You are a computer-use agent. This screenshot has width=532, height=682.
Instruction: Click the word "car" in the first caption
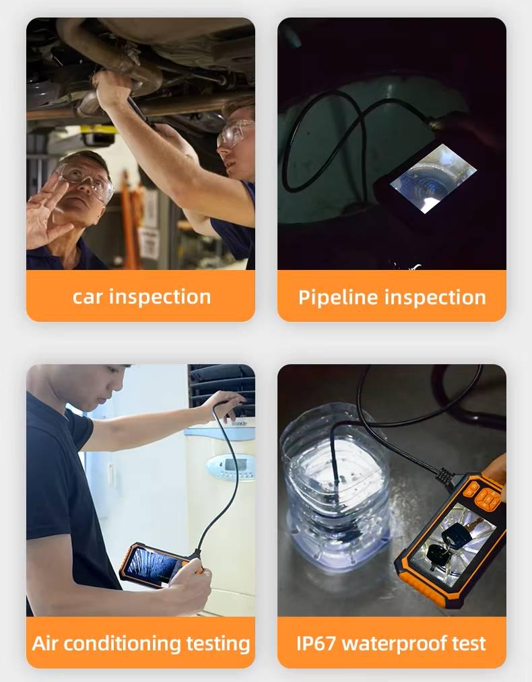point(88,297)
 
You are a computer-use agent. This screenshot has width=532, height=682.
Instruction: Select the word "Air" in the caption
point(45,644)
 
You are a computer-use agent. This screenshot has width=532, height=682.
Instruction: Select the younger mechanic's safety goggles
point(234,132)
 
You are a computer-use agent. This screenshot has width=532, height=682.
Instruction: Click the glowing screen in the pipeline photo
point(433,178)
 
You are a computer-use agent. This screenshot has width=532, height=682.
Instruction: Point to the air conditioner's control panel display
point(230,467)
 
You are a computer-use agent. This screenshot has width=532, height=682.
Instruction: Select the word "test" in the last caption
point(469,644)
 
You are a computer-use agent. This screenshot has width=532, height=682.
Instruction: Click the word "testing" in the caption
point(218,644)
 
